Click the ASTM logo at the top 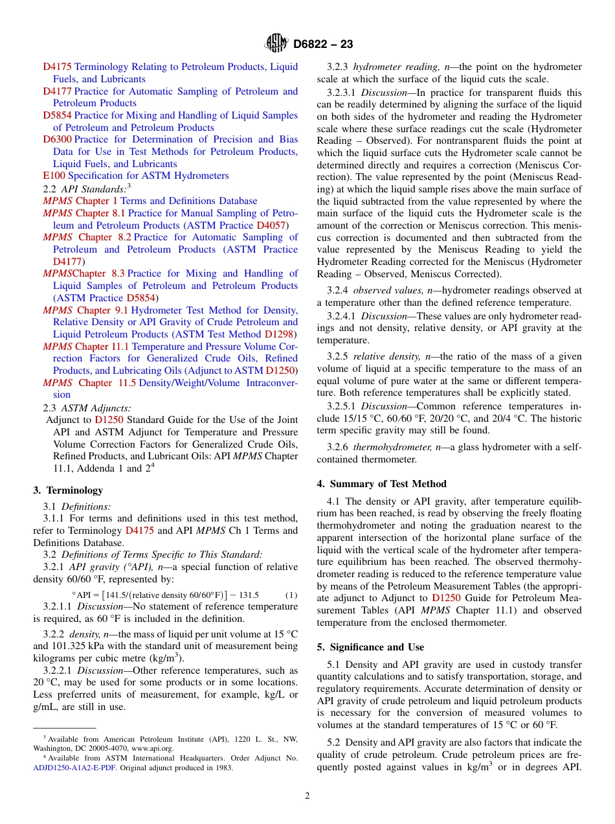(276, 44)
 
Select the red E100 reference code (54, 176)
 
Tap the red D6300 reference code (57, 139)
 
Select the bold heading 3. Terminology (68, 490)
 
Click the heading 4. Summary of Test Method (381, 484)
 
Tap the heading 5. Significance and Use (370, 647)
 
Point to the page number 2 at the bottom (307, 796)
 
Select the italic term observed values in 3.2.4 (386, 291)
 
